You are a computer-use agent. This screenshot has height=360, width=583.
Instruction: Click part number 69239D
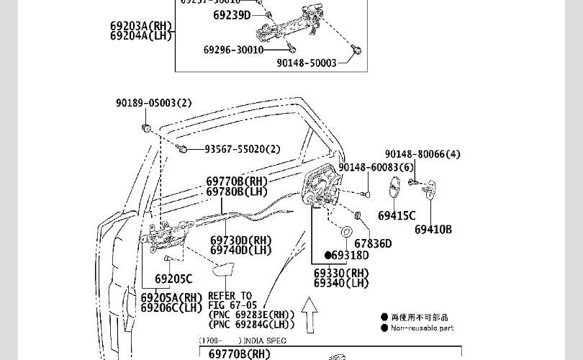(x=232, y=15)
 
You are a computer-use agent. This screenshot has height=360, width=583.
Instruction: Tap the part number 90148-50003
(x=307, y=63)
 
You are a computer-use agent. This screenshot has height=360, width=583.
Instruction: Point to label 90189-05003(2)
(x=154, y=103)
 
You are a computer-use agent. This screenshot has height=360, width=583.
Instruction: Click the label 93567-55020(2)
(x=243, y=150)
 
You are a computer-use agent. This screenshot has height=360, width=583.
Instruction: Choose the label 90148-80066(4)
(x=422, y=154)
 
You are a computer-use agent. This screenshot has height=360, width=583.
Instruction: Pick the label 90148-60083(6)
(x=376, y=168)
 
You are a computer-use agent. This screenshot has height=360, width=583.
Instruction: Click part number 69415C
(x=397, y=215)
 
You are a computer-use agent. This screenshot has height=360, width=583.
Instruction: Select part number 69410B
(x=433, y=230)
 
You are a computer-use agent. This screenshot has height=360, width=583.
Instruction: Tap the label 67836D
(x=373, y=244)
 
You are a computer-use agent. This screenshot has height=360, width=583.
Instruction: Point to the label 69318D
(x=350, y=255)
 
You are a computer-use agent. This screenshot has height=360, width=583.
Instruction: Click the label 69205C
(x=173, y=279)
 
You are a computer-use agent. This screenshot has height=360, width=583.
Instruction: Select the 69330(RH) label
(x=341, y=274)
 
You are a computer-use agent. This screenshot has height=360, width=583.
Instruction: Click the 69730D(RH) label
(x=241, y=240)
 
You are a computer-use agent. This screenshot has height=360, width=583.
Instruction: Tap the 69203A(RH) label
(x=141, y=27)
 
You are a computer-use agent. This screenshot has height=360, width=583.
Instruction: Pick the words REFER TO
(x=230, y=296)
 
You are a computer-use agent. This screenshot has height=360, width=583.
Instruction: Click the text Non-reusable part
(x=422, y=328)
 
